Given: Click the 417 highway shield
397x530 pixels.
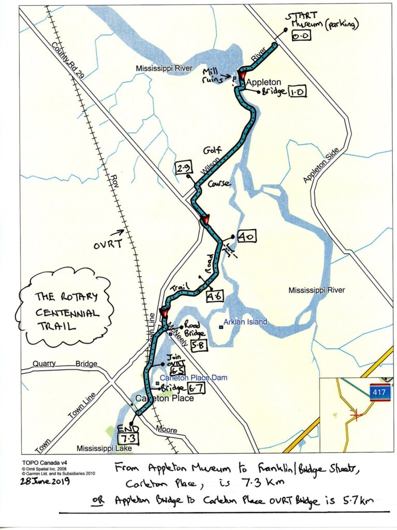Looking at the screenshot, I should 380,393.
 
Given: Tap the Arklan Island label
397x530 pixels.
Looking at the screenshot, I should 245,322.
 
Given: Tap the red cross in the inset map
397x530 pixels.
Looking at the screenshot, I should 355,415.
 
